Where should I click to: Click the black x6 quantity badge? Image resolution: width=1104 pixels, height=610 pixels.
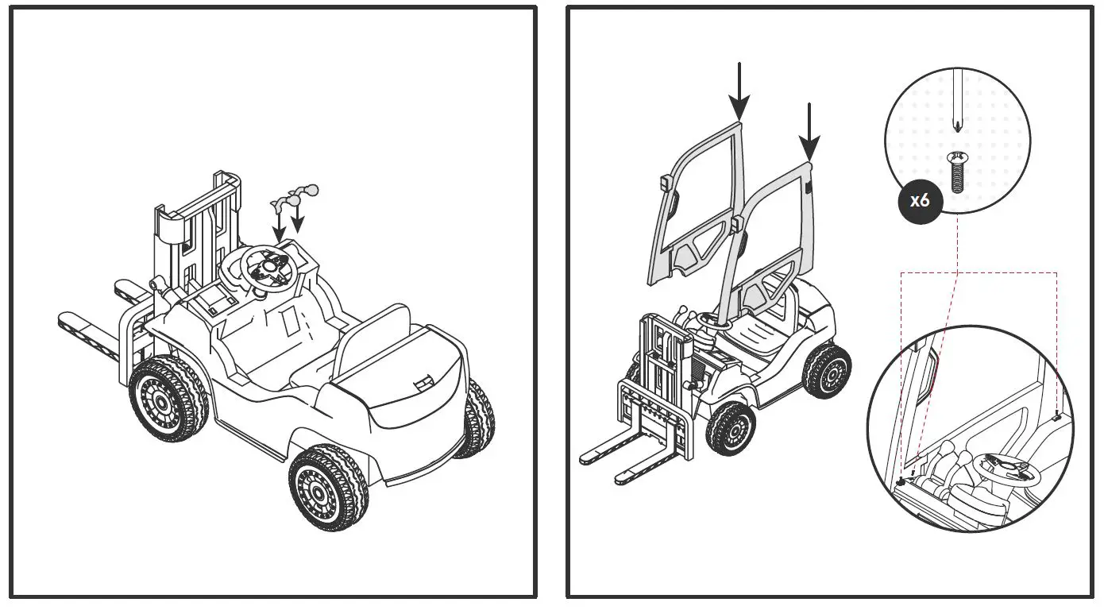(920, 199)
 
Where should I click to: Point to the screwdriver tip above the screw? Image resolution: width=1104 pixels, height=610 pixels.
(956, 125)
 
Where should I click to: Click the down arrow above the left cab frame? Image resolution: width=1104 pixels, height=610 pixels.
(739, 91)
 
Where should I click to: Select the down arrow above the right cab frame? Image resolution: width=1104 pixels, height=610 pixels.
(809, 131)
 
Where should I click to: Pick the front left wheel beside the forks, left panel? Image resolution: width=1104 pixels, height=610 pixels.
(168, 398)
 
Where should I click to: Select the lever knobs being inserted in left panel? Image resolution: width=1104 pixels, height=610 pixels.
(294, 195)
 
